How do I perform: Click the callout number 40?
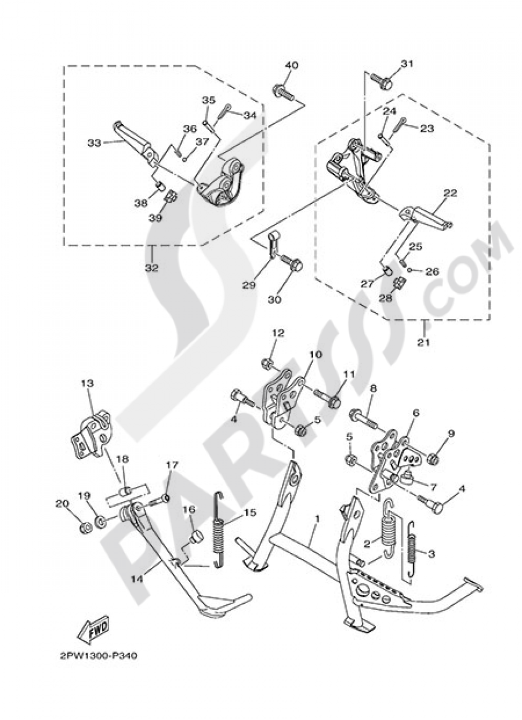pyautogui.click(x=292, y=65)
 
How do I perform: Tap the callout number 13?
pyautogui.click(x=87, y=383)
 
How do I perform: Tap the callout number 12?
pyautogui.click(x=278, y=333)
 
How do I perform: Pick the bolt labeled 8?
pyautogui.click(x=370, y=418)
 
